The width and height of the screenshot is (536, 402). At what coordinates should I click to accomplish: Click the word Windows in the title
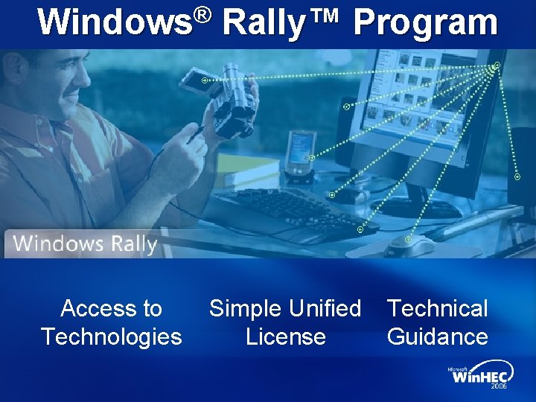[x=115, y=22]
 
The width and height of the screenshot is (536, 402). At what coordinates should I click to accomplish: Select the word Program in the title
[x=425, y=22]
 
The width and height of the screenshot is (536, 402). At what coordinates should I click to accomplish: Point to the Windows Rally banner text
[x=85, y=243]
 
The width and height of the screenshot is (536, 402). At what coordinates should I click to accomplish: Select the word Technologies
[x=112, y=336]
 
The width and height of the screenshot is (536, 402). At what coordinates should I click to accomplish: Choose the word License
[x=286, y=336]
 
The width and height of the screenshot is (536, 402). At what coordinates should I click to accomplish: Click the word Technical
[x=438, y=307]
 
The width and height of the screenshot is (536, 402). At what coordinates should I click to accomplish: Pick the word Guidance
[x=438, y=336]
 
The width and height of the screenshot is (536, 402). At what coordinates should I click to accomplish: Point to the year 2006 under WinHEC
[x=500, y=386]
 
